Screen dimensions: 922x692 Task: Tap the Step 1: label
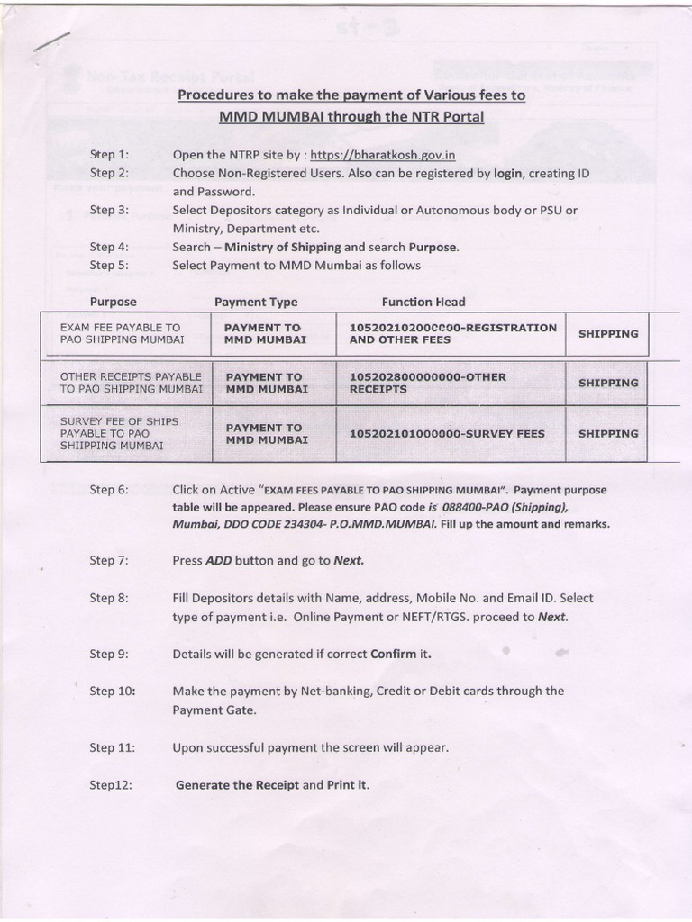110,155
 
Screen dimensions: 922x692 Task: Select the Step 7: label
110,560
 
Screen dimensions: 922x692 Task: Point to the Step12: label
112,785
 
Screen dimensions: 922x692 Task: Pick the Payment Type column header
256,302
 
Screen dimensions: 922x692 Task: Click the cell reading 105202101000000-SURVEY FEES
447,434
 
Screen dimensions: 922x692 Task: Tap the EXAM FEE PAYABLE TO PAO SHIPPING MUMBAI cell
121,334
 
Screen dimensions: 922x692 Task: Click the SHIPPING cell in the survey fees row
608,434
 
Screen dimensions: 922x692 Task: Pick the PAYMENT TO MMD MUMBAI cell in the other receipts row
267,383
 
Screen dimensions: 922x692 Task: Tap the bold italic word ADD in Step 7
219,560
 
